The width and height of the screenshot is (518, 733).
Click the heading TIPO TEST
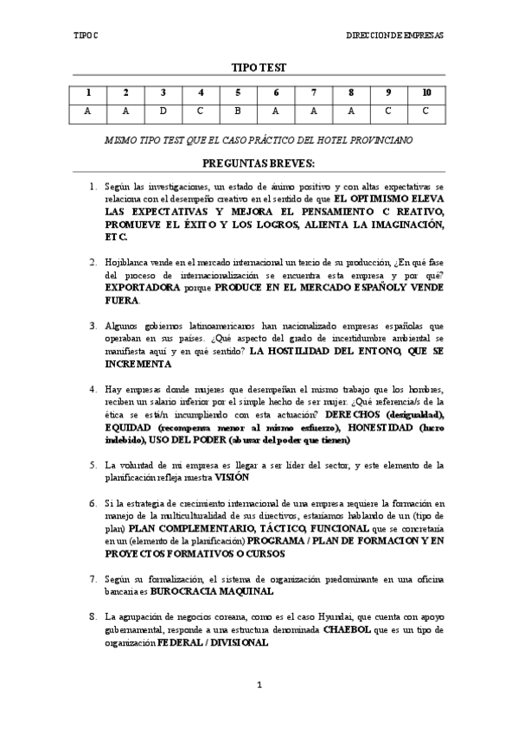click(x=259, y=67)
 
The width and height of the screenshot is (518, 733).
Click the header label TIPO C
click(x=86, y=35)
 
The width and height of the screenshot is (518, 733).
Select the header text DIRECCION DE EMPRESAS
click(x=394, y=35)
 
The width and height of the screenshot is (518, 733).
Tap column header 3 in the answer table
click(x=163, y=92)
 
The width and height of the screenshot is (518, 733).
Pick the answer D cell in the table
click(x=163, y=111)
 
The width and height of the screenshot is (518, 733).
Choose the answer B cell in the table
click(x=238, y=111)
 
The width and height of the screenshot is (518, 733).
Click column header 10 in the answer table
click(x=426, y=92)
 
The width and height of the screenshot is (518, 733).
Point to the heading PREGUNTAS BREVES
click(x=259, y=163)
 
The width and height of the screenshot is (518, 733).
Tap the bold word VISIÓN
click(x=232, y=476)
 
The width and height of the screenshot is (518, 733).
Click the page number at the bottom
click(x=259, y=685)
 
